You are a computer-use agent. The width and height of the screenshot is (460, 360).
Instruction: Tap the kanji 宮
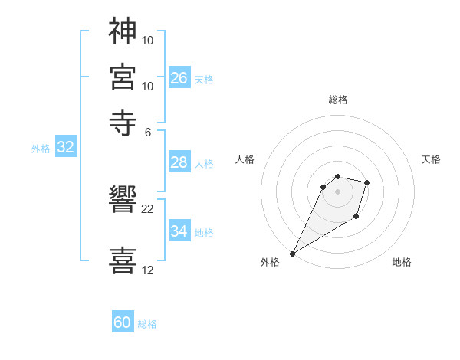click(x=123, y=77)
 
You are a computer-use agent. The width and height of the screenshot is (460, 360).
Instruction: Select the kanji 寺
click(x=123, y=122)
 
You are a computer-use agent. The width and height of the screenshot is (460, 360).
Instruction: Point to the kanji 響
click(x=123, y=201)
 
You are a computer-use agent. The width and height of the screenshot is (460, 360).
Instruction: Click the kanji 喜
click(x=123, y=260)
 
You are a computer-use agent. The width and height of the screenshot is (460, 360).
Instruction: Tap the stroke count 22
click(x=147, y=208)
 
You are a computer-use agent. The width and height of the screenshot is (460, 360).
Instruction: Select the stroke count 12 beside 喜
click(x=147, y=270)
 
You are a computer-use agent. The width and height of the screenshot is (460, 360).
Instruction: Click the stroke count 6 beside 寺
click(x=147, y=131)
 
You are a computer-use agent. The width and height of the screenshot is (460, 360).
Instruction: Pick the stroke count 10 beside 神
click(x=148, y=39)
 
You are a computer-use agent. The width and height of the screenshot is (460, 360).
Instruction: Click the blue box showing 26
click(x=179, y=78)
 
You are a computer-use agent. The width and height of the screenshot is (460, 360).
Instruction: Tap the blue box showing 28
click(x=179, y=162)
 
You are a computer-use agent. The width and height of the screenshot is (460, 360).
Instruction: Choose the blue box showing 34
click(x=179, y=231)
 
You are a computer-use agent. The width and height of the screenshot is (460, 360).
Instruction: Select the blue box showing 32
click(x=65, y=148)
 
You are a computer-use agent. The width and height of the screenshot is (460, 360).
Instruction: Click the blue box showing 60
click(x=123, y=322)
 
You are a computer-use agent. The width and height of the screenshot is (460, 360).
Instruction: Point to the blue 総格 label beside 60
click(x=147, y=324)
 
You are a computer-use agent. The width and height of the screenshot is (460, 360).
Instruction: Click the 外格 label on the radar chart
click(x=270, y=262)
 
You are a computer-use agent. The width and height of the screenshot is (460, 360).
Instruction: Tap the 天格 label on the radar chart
click(x=431, y=159)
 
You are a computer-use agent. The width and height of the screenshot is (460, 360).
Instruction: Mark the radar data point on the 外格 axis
click(x=292, y=253)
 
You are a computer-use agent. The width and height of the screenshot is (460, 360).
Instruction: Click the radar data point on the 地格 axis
click(x=356, y=217)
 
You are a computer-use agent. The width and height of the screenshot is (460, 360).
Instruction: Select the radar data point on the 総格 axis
click(x=337, y=176)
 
